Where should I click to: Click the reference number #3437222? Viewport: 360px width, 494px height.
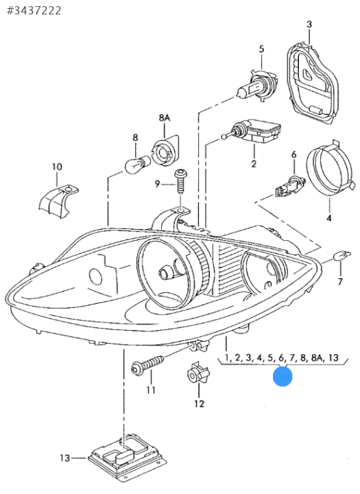[x=34, y=11]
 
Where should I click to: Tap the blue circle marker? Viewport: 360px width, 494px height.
[x=283, y=376]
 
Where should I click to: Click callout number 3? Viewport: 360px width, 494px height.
[x=309, y=24]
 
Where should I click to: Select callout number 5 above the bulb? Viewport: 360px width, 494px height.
[x=261, y=49]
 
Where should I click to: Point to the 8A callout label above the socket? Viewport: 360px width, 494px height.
[x=164, y=118]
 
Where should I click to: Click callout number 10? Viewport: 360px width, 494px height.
[x=57, y=167]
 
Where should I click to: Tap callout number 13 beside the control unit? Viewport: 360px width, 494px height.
[x=65, y=458]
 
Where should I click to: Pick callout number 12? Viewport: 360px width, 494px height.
[x=200, y=403]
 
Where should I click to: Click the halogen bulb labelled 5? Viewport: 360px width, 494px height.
[x=256, y=85]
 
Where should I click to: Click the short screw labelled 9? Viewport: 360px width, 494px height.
[x=181, y=182]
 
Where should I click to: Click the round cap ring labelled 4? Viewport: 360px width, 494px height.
[x=328, y=169]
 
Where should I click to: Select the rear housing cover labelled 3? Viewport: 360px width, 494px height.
[x=313, y=84]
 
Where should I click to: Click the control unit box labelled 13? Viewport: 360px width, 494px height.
[x=127, y=456]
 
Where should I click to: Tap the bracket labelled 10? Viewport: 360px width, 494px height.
[x=58, y=201]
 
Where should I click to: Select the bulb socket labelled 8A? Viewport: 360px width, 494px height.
[x=165, y=151]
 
